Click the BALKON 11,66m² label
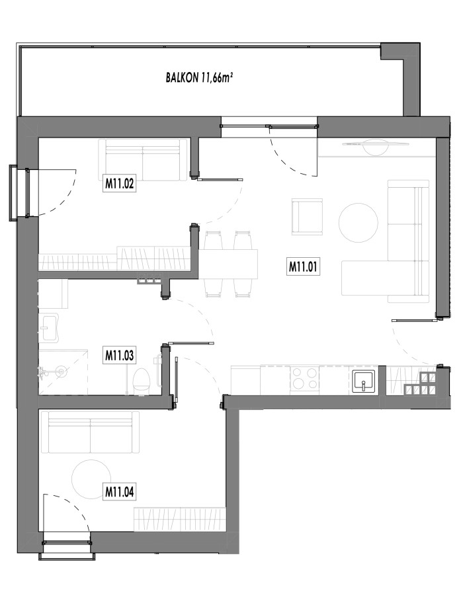point(199,77)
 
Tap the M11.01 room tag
point(303,266)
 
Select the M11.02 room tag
point(119,184)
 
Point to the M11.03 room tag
point(119,356)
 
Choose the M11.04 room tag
point(119,492)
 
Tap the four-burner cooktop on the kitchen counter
point(305,379)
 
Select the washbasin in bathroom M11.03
point(50,328)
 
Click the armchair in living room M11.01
point(307,217)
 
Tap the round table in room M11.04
point(91,479)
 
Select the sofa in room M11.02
point(143,160)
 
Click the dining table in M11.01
point(228,264)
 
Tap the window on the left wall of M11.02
point(19,192)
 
